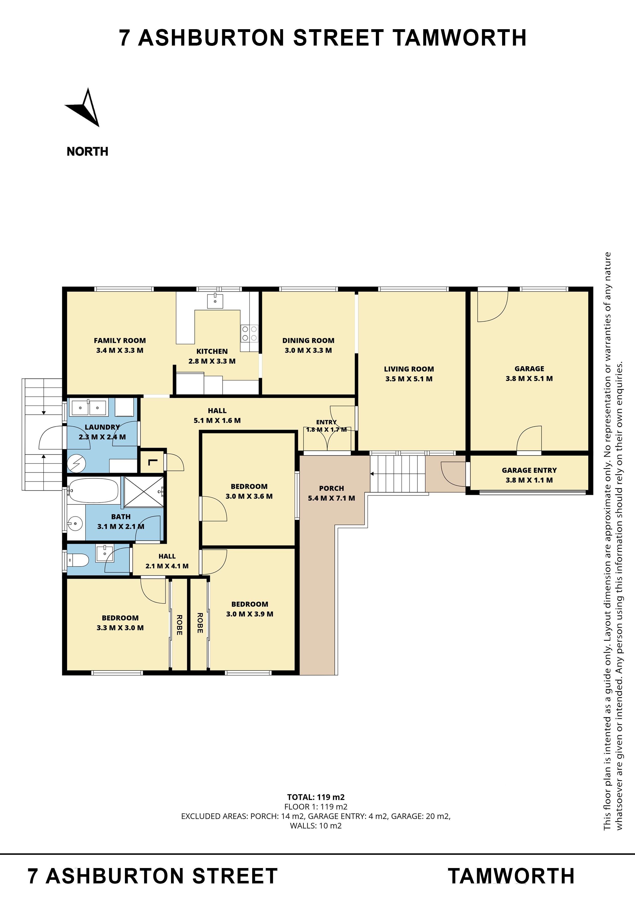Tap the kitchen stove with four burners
[249, 333]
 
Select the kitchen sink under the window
[215, 301]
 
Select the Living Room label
[409, 369]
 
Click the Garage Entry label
[529, 470]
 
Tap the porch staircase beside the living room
[397, 474]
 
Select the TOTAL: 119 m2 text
[316, 797]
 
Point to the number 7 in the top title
[124, 38]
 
